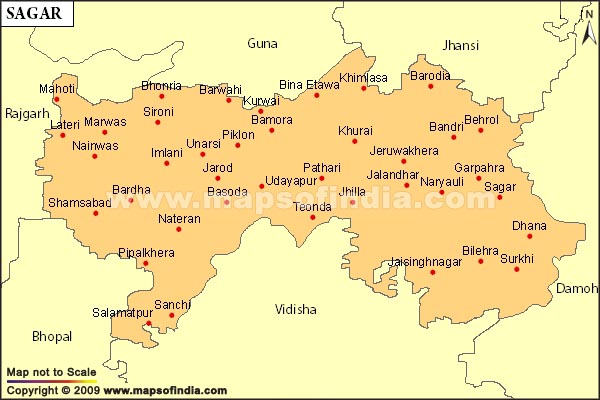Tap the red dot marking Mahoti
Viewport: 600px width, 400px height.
57,99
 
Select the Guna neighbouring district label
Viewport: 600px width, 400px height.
262,44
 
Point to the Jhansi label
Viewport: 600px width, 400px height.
459,45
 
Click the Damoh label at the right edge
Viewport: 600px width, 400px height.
577,288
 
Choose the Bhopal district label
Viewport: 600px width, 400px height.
52,336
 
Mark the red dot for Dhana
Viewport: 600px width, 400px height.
530,236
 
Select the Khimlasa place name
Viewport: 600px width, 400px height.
362,77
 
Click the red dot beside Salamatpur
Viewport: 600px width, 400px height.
148,324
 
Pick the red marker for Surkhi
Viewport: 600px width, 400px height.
517,269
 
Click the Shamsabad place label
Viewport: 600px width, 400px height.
79,203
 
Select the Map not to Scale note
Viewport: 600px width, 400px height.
51,372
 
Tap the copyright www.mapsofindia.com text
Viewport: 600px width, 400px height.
118,390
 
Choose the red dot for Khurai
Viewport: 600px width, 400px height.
354,142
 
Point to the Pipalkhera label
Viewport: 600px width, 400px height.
146,253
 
